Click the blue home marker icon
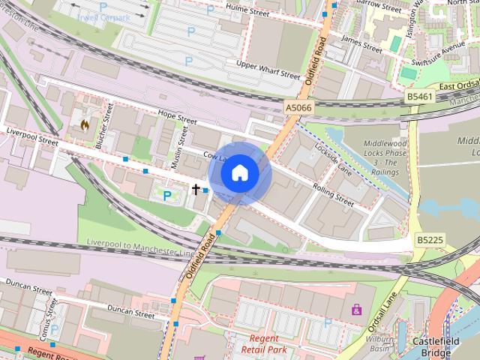point(239,173)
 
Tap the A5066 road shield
point(298,109)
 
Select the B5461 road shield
point(420,97)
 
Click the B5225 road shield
point(429,240)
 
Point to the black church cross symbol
point(196,190)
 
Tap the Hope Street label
point(177,118)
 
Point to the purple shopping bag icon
point(356,308)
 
